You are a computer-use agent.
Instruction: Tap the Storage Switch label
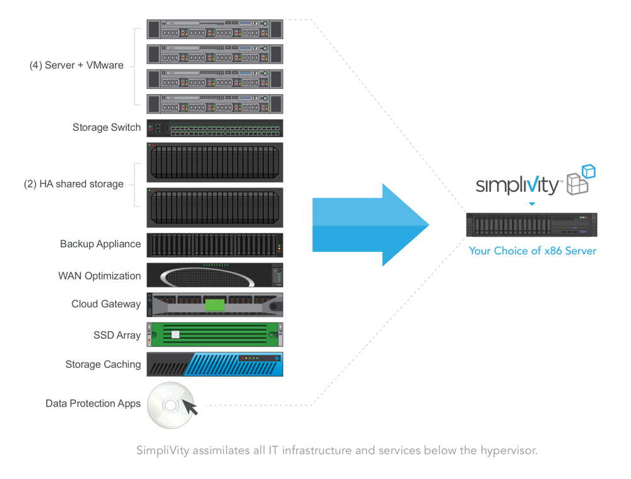(107, 127)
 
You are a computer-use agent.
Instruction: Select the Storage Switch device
(215, 128)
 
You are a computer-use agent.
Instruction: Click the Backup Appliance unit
(215, 245)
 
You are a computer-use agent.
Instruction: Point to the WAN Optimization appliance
(215, 276)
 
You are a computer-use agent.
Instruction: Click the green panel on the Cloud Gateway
(215, 305)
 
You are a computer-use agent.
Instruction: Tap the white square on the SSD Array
(175, 334)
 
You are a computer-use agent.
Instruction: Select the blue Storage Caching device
(215, 364)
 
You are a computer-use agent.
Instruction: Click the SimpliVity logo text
(517, 185)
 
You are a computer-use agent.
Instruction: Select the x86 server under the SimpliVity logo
(531, 225)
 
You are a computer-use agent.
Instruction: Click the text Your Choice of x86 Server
(532, 251)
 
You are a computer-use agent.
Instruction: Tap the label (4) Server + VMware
(76, 65)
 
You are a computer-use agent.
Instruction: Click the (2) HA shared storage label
(74, 184)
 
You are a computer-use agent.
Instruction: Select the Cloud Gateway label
(106, 304)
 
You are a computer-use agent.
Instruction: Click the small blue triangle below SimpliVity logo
(532, 204)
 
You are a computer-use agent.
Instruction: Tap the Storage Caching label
(103, 365)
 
